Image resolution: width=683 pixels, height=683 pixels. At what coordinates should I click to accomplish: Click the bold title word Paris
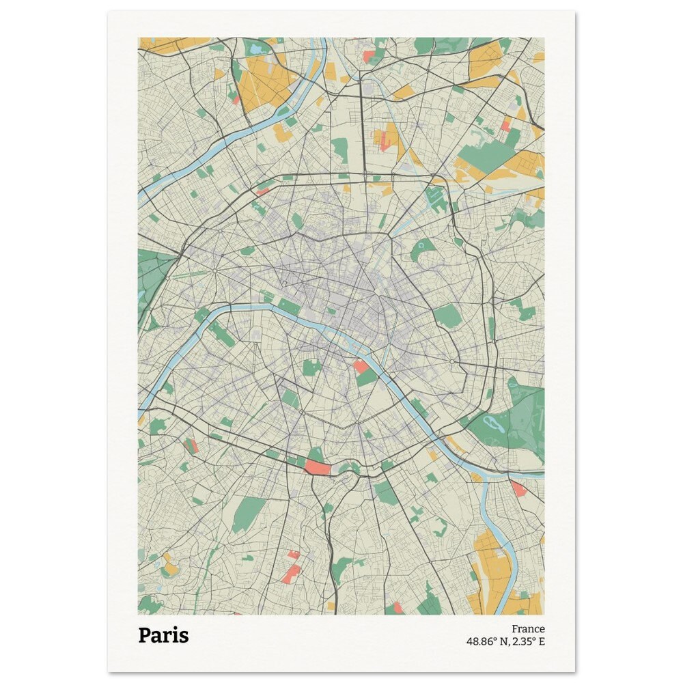tap(163, 635)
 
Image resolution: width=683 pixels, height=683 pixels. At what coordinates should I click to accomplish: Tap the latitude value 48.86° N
tap(486, 641)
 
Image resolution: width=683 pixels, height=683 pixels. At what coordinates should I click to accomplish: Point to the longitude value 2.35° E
tap(528, 641)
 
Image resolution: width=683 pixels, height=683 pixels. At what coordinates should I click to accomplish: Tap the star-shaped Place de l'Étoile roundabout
tap(214, 272)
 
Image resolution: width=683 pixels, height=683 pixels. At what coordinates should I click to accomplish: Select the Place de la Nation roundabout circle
tap(452, 361)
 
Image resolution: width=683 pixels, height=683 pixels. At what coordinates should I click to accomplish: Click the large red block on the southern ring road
tap(317, 467)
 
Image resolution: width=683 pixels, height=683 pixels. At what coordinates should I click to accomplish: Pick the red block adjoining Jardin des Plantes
tap(360, 366)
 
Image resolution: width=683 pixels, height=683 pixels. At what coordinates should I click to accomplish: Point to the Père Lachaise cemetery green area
tap(447, 316)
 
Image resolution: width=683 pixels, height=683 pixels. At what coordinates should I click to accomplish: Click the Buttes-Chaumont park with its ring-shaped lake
tap(423, 251)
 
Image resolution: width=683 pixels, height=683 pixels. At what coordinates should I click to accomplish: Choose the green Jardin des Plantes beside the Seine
tap(367, 376)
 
